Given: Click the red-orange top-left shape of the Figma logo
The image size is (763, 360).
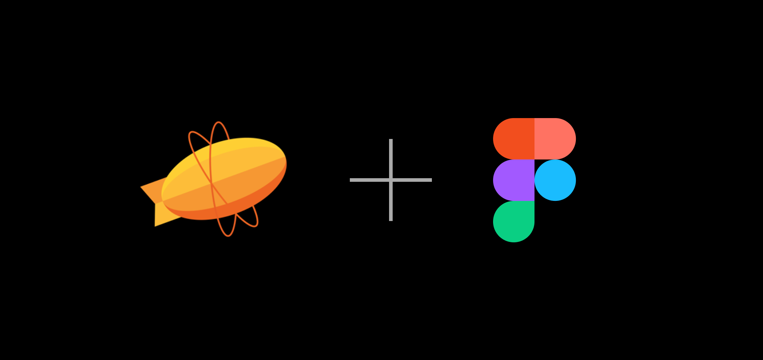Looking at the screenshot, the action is click(514, 139).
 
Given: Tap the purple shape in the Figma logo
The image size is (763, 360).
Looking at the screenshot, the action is click(514, 180).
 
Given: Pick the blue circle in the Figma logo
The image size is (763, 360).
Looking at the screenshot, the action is click(555, 180).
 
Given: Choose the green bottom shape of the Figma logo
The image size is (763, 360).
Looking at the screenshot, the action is click(514, 221).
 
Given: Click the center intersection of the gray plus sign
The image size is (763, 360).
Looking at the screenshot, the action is click(391, 180).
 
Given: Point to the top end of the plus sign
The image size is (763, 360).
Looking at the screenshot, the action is click(391, 141).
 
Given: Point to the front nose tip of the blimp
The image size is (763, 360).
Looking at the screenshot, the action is click(285, 158).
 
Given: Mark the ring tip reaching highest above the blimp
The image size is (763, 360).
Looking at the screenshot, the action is click(218, 123).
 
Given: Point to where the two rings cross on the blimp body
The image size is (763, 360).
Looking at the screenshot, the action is click(211, 184).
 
